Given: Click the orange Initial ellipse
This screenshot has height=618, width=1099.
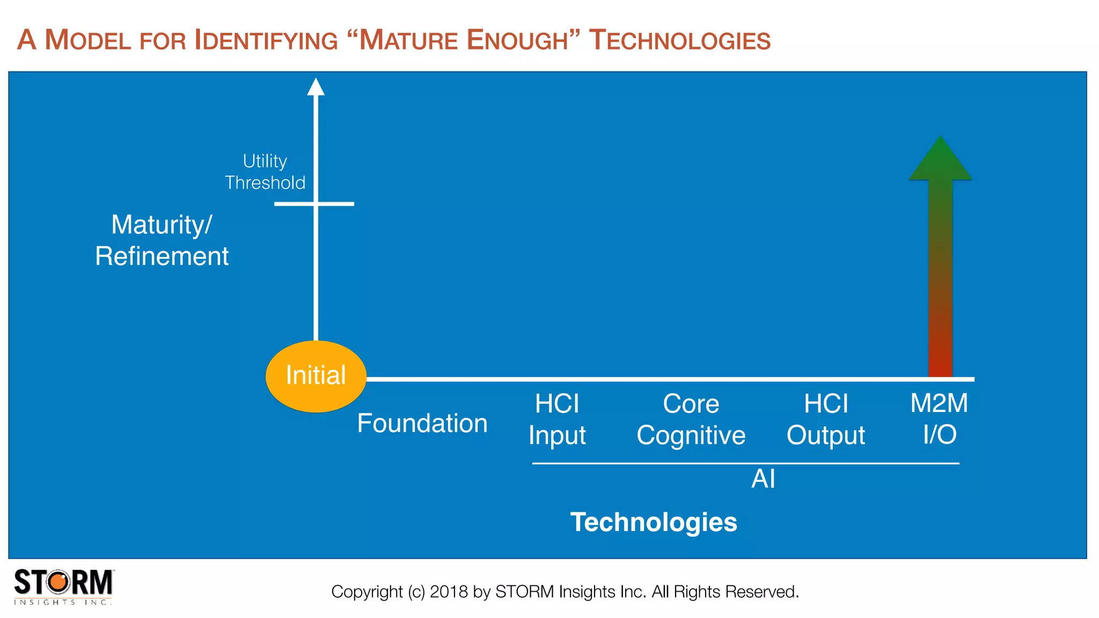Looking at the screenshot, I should tap(316, 376).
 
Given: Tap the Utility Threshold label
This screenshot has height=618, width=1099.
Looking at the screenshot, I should tap(265, 172).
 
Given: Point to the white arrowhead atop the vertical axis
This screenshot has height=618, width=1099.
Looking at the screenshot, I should tap(316, 87).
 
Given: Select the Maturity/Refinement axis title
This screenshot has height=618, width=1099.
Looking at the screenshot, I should tap(162, 240).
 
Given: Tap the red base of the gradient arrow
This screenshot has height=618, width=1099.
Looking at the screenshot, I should tap(940, 359).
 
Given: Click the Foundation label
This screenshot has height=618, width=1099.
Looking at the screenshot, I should tap(422, 423).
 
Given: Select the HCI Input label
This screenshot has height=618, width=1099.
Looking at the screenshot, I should tap(557, 419).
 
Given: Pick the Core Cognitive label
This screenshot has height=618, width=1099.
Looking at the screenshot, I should tap(691, 419).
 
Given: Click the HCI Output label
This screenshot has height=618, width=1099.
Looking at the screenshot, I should tap(826, 419).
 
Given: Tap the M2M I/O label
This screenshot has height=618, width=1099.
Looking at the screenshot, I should tap(939, 418).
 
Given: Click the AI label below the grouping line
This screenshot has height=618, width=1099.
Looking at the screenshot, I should tap(763, 479).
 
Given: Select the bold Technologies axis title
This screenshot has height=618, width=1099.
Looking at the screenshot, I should tap(654, 522).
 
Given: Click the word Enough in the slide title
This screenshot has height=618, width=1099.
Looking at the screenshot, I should tap(517, 40).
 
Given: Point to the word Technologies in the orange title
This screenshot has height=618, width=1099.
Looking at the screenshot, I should tap(679, 40).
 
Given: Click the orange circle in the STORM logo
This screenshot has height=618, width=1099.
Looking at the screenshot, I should tap(59, 582).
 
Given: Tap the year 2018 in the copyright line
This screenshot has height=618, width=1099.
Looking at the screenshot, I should tap(449, 592).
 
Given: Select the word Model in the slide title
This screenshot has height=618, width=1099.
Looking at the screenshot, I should tap(88, 40).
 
